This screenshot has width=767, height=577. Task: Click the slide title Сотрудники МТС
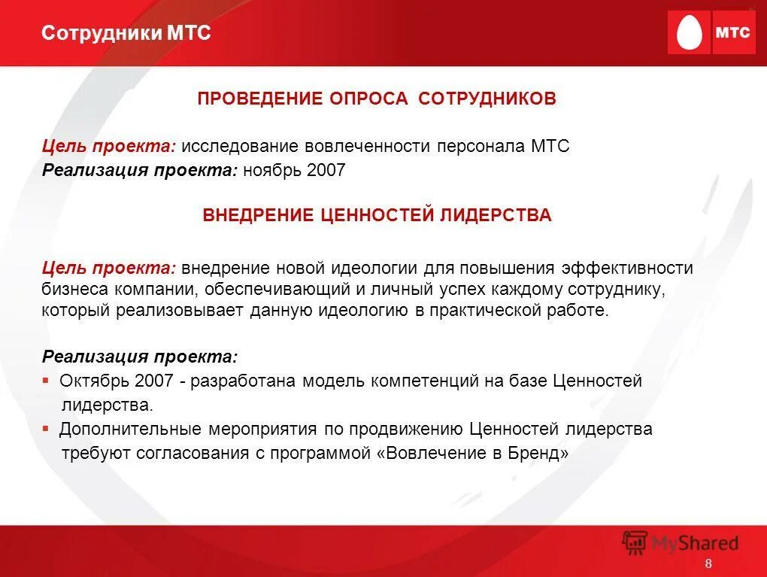click(x=126, y=33)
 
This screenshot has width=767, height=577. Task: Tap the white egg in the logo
click(x=689, y=33)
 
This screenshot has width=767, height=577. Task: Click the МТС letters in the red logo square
click(x=732, y=33)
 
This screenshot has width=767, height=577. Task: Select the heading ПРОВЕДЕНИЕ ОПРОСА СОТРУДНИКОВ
click(x=377, y=99)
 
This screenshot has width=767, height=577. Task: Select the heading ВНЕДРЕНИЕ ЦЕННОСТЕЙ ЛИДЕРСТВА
click(x=377, y=215)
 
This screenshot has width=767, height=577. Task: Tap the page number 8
click(x=708, y=566)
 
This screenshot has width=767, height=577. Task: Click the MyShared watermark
click(x=681, y=543)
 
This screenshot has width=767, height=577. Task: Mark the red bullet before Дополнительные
click(x=46, y=430)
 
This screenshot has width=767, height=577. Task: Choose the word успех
click(x=452, y=290)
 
